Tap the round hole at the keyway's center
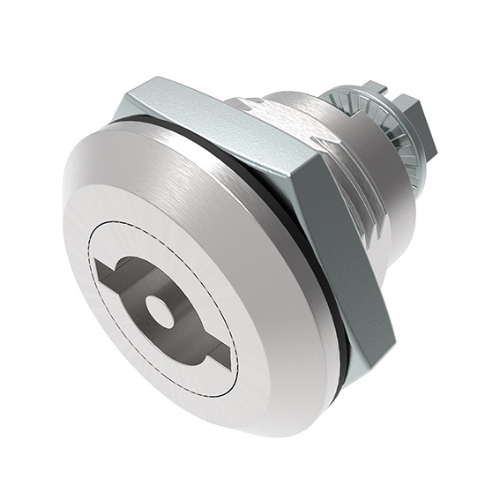(x=160, y=310)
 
